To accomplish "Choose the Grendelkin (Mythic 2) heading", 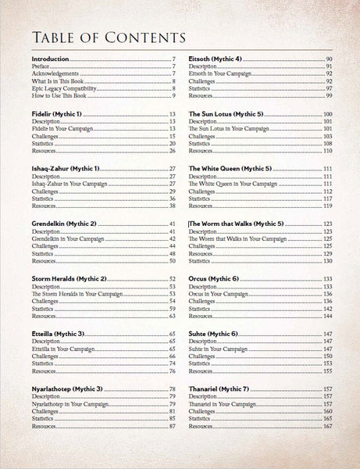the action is (69, 224).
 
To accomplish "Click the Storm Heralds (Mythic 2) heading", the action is (72, 279).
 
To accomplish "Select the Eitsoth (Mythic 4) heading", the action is (219, 59).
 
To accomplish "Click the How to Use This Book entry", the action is (59, 95).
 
